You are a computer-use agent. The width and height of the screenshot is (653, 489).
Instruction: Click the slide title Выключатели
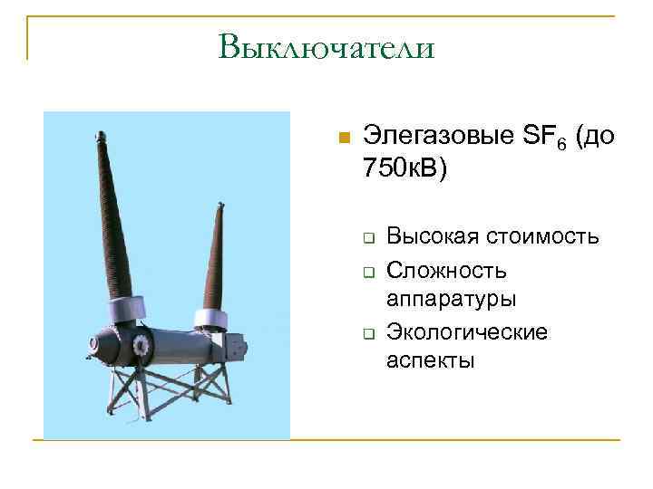pyautogui.click(x=326, y=46)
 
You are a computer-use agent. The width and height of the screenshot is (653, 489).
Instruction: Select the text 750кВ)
pyautogui.click(x=404, y=169)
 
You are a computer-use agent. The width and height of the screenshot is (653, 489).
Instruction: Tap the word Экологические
pyautogui.click(x=467, y=331)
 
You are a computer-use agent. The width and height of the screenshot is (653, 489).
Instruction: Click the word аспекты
pyautogui.click(x=430, y=361)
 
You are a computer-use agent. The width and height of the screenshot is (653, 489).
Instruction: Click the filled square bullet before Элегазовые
pyautogui.click(x=343, y=139)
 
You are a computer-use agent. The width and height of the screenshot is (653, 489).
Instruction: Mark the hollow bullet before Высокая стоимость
pyautogui.click(x=370, y=239)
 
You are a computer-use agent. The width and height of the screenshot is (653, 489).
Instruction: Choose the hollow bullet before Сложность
pyautogui.click(x=370, y=271)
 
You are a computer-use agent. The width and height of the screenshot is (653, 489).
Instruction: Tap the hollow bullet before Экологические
pyautogui.click(x=370, y=333)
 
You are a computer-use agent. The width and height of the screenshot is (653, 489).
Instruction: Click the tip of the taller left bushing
pyautogui.click(x=95, y=136)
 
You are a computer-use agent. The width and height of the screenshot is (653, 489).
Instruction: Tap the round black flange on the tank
pyautogui.click(x=141, y=345)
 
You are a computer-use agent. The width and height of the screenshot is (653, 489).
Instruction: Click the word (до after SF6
pyautogui.click(x=594, y=137)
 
